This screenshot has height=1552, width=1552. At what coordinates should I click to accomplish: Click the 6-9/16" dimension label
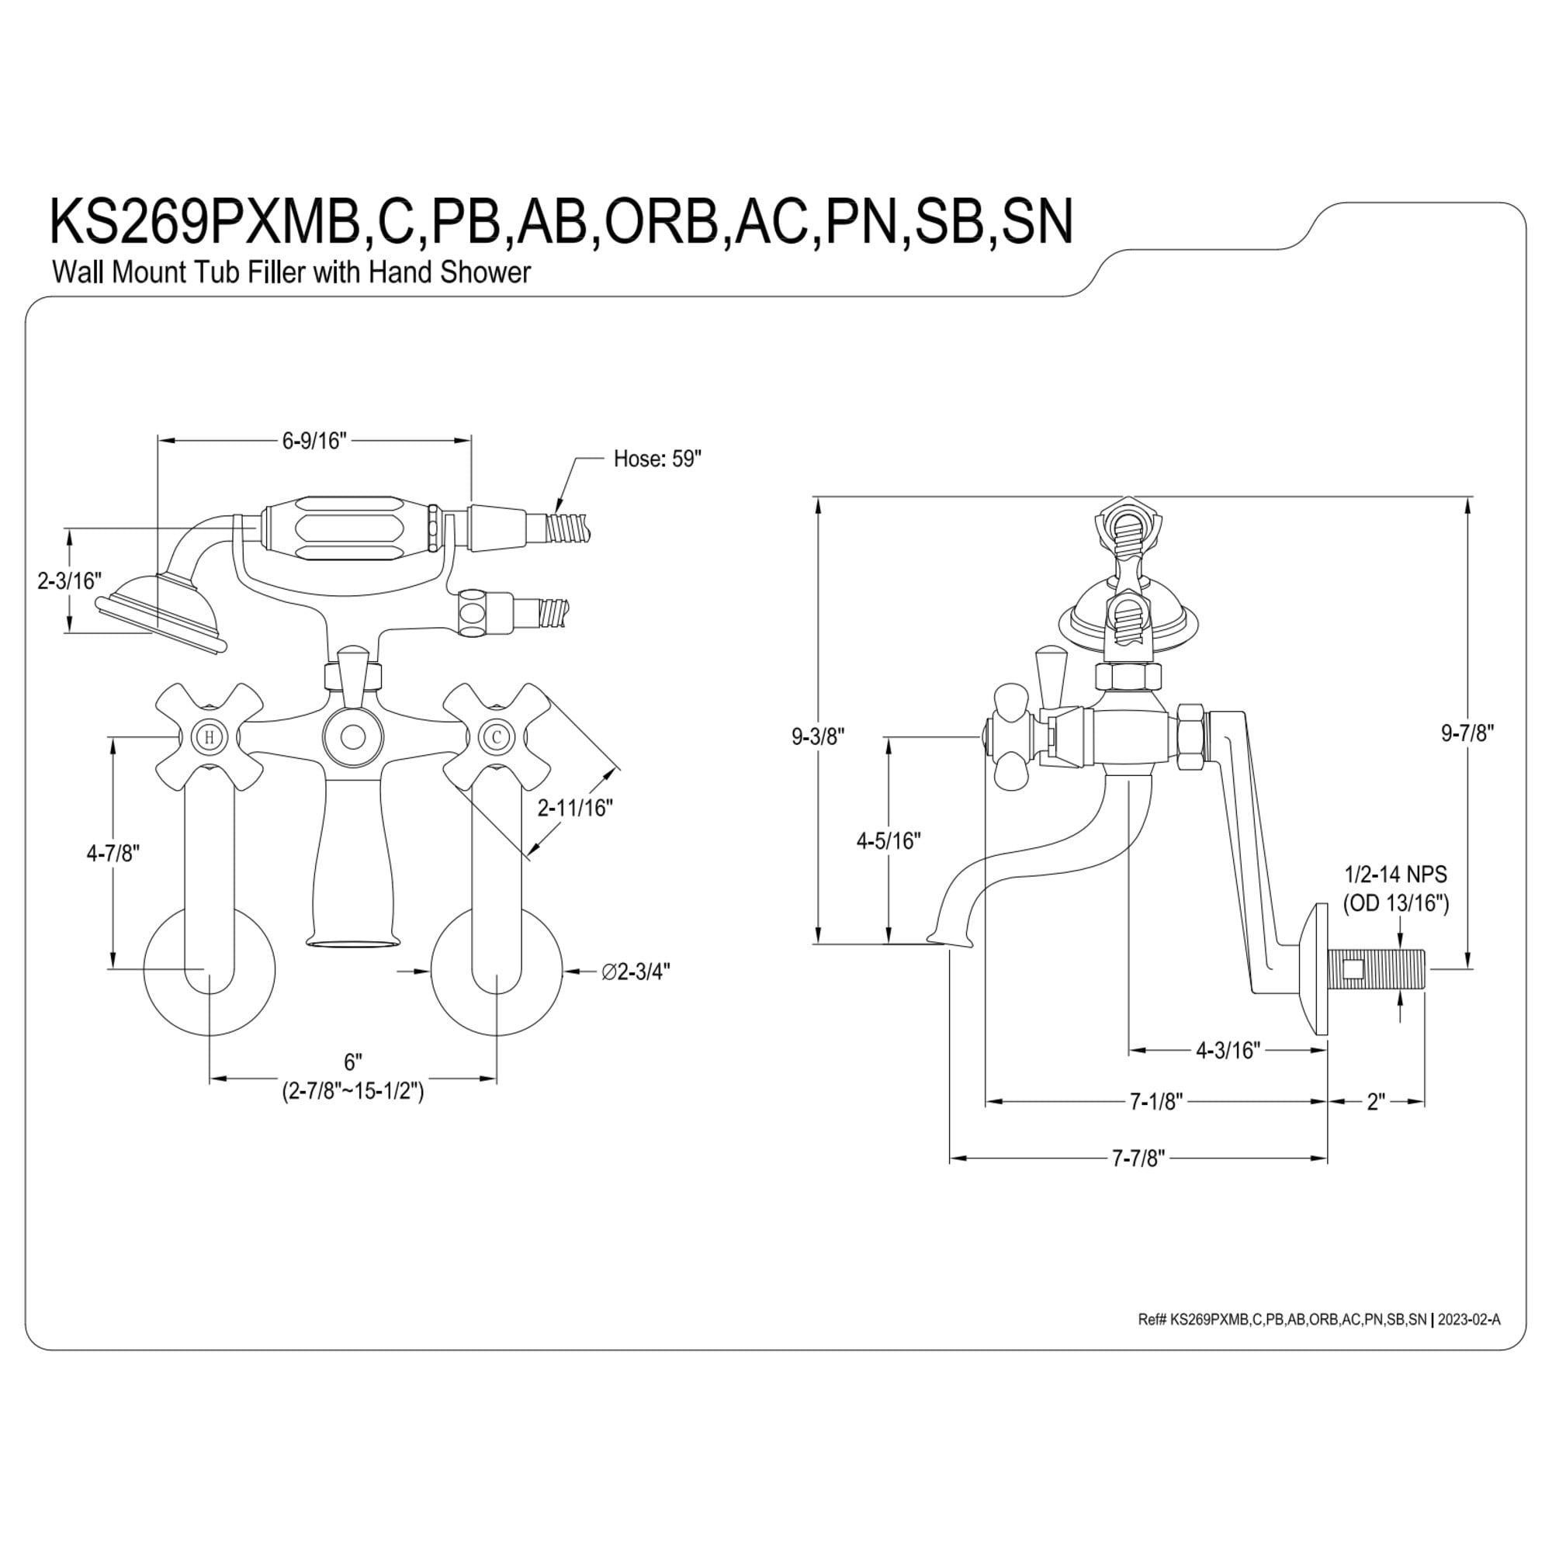[x=314, y=441]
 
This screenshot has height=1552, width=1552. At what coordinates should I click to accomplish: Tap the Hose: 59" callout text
[x=657, y=459]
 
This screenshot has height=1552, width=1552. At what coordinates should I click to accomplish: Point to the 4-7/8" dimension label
[x=113, y=853]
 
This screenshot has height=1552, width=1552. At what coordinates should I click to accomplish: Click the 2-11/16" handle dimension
[x=575, y=807]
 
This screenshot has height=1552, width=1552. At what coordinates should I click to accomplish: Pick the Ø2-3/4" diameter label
[x=636, y=972]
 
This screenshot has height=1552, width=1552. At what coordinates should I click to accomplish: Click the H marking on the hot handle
[x=210, y=736]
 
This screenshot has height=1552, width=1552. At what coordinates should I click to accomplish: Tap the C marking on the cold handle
[x=497, y=736]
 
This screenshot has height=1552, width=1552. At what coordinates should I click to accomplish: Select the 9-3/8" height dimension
[x=819, y=736]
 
